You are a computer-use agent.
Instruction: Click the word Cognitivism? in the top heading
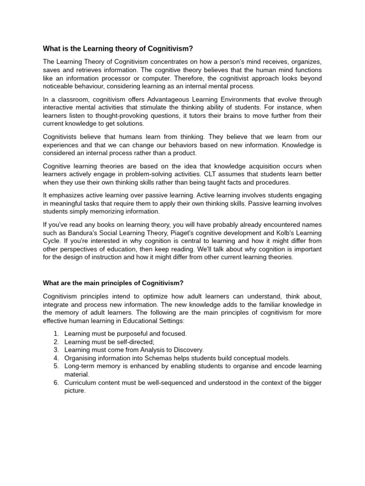click(x=172, y=48)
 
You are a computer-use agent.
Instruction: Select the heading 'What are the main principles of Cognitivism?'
click(x=113, y=283)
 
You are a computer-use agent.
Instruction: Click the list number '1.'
click(x=56, y=334)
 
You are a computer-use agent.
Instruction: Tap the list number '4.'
click(x=56, y=358)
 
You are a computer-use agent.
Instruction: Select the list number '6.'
click(x=56, y=383)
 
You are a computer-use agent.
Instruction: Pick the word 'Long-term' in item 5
click(x=79, y=366)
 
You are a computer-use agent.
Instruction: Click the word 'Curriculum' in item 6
click(x=80, y=383)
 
